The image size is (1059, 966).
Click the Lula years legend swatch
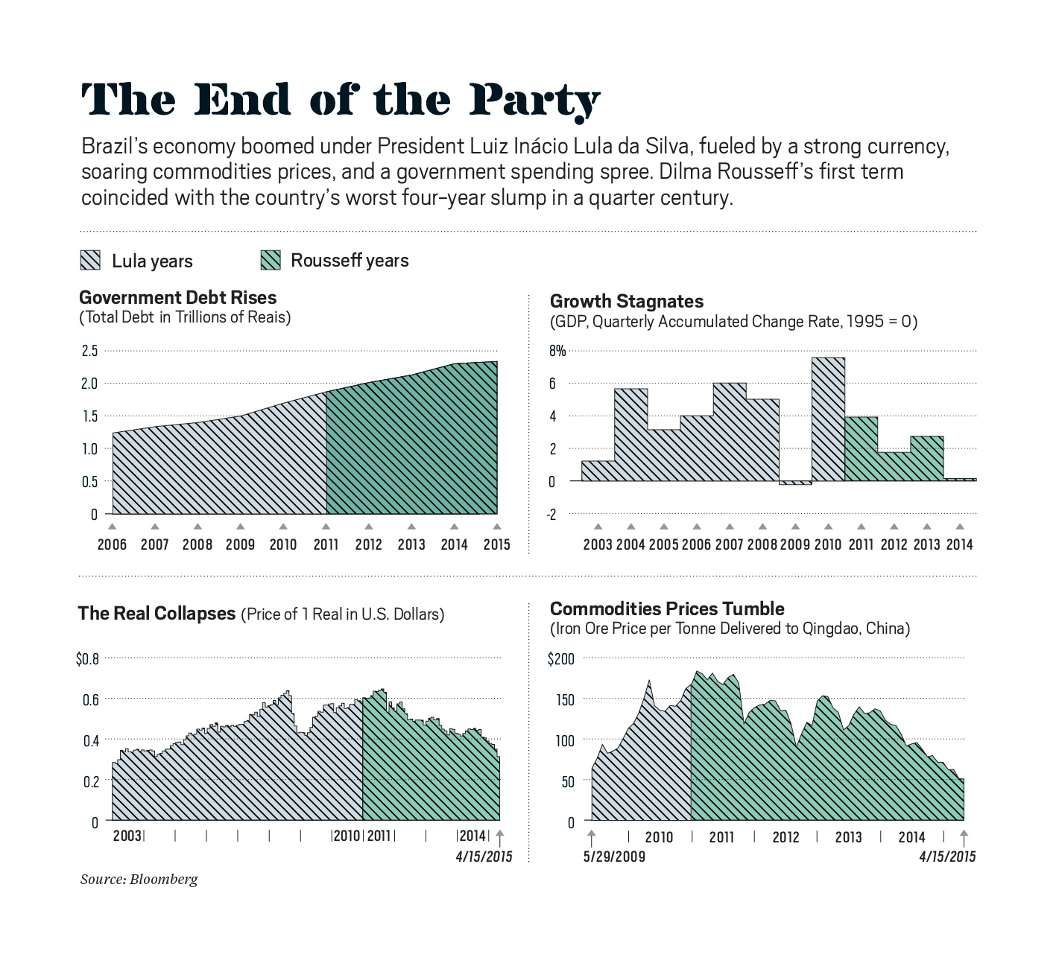point(90,260)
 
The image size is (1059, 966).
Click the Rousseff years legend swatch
point(271,260)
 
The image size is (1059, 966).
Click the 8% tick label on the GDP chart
point(557,351)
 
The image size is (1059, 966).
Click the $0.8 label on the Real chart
point(87,659)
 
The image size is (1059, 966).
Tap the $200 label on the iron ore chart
point(560,659)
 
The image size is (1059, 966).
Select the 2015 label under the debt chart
point(496,544)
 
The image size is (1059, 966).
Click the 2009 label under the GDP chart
point(794,544)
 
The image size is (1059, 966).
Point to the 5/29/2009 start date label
point(614,857)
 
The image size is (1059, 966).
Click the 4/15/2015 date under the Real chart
point(484,857)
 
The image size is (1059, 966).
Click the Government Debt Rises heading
point(177,298)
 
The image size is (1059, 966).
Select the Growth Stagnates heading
point(627,302)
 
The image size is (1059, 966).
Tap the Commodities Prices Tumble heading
point(667,609)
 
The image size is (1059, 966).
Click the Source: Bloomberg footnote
point(139,880)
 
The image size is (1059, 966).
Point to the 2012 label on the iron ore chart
point(785,837)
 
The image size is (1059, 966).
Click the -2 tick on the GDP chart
point(551,515)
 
